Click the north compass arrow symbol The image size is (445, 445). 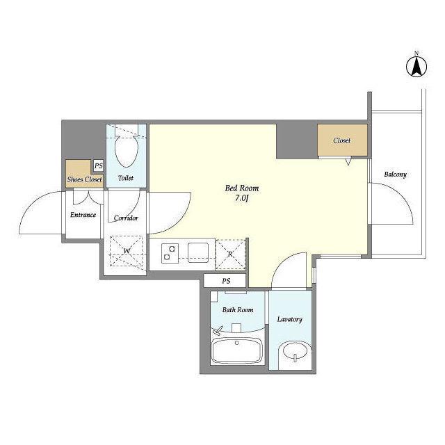tap(416, 67)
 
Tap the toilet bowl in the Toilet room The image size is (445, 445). tap(127, 150)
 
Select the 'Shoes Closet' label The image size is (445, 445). tap(85, 179)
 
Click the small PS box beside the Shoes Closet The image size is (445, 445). tap(98, 165)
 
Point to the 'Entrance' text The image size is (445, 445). tap(83, 215)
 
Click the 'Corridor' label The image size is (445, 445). tap(126, 218)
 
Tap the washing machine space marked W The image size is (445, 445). tap(127, 251)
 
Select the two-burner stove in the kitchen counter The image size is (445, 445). tap(170, 253)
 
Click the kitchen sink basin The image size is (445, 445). tap(198, 252)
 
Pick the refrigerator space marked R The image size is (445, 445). tap(230, 254)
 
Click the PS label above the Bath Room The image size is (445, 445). tap(226, 281)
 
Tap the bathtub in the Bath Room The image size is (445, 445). tap(236, 351)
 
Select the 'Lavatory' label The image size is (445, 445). tap(289, 319)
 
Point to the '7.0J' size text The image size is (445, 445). tap(241, 198)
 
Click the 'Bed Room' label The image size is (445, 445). tap(242, 188)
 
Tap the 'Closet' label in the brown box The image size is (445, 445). tap(341, 140)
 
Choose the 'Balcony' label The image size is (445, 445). tap(395, 175)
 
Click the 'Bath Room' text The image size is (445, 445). tap(238, 309)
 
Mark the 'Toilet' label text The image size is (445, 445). tap(126, 178)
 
